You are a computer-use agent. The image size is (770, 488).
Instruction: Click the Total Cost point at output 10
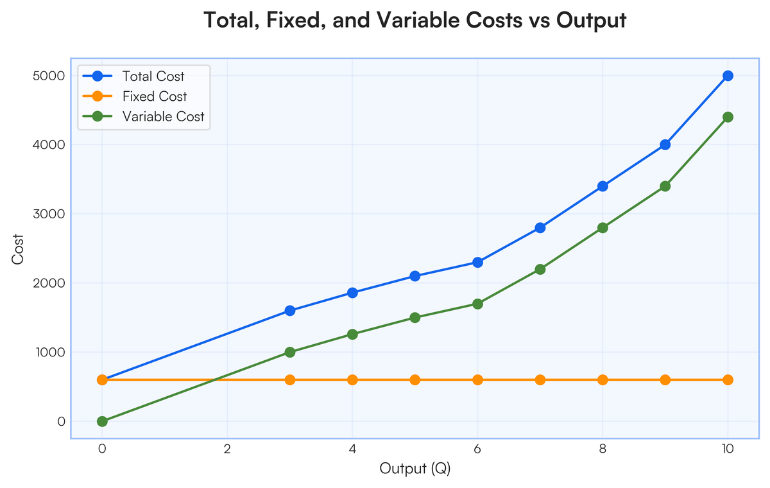[728, 76]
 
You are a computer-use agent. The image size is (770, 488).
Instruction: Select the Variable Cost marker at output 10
[728, 117]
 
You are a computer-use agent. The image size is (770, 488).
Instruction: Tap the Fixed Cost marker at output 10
[728, 379]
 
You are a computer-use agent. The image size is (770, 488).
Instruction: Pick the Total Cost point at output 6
[477, 263]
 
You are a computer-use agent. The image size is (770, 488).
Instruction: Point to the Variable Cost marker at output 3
[290, 352]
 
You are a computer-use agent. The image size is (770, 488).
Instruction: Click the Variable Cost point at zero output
[102, 421]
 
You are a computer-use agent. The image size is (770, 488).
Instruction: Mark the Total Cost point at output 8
[603, 186]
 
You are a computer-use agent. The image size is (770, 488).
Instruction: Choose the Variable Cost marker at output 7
[540, 269]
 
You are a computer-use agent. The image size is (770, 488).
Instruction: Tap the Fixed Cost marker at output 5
[415, 379]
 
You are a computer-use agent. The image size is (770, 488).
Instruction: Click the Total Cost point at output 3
[290, 311]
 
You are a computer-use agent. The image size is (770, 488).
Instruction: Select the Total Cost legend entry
[133, 76]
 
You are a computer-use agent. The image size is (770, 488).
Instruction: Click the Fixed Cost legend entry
[135, 96]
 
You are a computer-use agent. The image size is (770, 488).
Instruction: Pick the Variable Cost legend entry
[144, 117]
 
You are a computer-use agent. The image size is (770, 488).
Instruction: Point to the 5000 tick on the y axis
[49, 76]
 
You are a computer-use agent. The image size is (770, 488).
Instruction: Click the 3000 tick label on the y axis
[49, 214]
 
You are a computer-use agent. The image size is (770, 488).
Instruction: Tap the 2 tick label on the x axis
[227, 449]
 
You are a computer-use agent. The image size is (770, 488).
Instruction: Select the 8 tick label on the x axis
[603, 449]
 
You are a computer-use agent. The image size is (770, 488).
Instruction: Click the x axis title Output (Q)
[415, 468]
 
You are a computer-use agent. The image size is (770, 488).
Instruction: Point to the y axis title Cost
[17, 249]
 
